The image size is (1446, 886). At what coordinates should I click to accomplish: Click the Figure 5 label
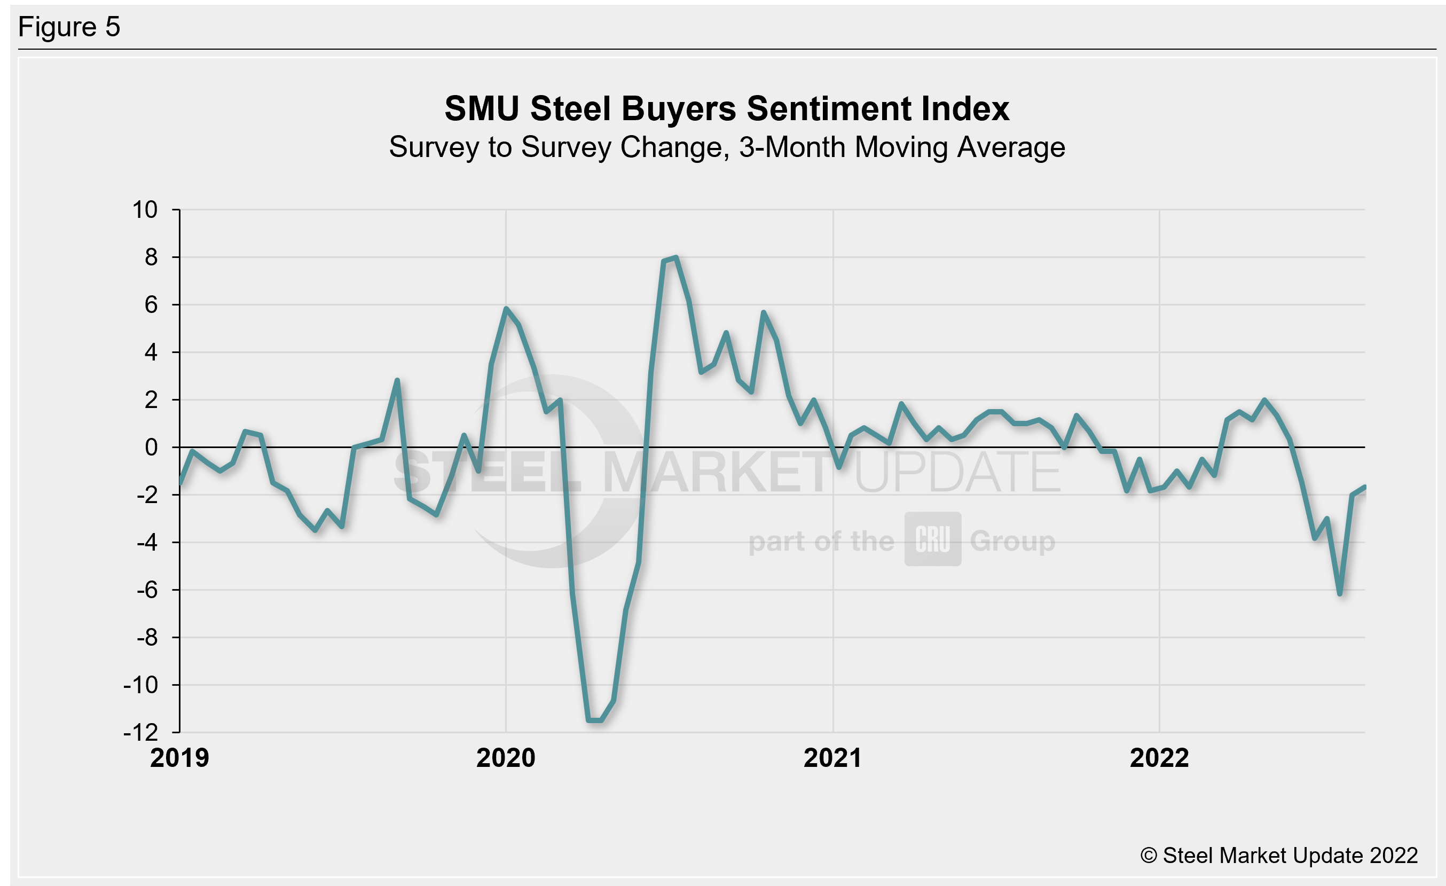pos(69,27)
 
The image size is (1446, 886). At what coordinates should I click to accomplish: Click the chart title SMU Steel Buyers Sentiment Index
pos(727,109)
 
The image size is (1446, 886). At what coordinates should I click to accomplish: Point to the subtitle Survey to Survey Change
pos(727,147)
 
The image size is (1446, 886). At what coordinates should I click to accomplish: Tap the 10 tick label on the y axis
pos(145,210)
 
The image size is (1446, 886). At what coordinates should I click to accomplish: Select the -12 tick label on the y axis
pos(141,732)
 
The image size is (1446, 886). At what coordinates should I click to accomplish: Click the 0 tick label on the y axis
pos(152,448)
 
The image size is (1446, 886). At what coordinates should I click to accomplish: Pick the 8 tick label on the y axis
pos(152,257)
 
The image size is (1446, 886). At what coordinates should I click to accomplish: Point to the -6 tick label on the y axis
pos(147,590)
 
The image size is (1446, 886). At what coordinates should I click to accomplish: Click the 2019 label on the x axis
pos(179,758)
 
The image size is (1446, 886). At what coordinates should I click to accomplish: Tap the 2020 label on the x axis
pos(506,758)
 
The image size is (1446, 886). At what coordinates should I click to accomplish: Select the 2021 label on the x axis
pos(833,758)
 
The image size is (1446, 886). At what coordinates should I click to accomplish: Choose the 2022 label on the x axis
pos(1159,758)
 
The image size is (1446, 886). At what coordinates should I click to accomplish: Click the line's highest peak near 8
pos(676,257)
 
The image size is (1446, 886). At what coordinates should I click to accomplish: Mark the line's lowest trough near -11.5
pos(594,720)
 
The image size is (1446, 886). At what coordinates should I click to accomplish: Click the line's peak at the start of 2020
pos(506,309)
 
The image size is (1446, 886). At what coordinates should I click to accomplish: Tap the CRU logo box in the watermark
pos(932,539)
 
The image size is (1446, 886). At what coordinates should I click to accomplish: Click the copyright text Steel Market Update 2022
pos(1279,856)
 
